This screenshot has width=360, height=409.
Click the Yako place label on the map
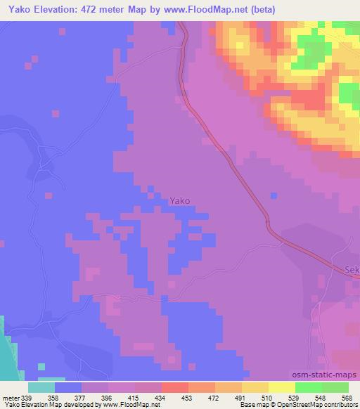[180, 200]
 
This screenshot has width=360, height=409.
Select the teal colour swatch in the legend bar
[41, 387]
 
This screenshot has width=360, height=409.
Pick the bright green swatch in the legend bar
[308, 387]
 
